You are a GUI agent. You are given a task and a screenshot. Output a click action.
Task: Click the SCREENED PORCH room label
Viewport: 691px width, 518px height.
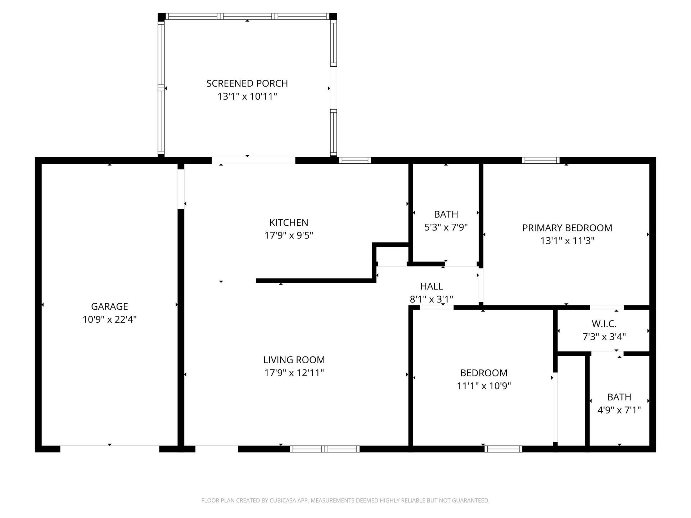pyautogui.click(x=247, y=83)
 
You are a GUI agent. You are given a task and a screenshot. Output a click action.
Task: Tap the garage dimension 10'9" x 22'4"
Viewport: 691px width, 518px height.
pyautogui.click(x=109, y=319)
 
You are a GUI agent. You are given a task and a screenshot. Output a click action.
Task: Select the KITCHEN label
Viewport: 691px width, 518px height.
pyautogui.click(x=289, y=222)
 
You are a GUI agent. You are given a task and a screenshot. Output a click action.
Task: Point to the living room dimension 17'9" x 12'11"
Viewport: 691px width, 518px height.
pyautogui.click(x=294, y=373)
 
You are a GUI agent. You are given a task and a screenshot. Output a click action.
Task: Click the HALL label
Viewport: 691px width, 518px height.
pyautogui.click(x=431, y=286)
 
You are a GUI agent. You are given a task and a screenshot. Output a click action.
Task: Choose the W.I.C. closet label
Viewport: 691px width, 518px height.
pyautogui.click(x=604, y=324)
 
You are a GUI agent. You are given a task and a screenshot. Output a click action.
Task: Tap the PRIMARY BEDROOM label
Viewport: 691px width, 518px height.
pyautogui.click(x=567, y=228)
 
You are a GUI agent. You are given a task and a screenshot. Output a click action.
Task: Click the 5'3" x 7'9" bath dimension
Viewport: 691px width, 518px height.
pyautogui.click(x=446, y=227)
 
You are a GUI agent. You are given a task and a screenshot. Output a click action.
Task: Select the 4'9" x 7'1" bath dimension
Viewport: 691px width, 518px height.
pyautogui.click(x=619, y=410)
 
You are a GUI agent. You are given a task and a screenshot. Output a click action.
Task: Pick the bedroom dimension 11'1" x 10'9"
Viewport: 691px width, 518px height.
pyautogui.click(x=484, y=386)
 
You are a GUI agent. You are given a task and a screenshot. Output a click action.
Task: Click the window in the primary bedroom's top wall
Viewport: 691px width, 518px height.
pyautogui.click(x=541, y=160)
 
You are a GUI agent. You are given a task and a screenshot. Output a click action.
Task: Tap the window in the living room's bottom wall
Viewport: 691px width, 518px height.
pyautogui.click(x=325, y=449)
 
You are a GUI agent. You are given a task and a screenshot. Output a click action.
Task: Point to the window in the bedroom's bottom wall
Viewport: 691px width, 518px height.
pyautogui.click(x=503, y=449)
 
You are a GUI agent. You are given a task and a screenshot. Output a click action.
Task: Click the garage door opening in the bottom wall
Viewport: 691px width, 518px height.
pyautogui.click(x=109, y=449)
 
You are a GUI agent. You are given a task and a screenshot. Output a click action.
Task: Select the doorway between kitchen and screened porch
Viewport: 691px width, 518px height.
pyautogui.click(x=253, y=160)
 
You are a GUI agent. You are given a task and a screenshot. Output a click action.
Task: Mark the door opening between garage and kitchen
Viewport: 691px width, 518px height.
pyautogui.click(x=181, y=189)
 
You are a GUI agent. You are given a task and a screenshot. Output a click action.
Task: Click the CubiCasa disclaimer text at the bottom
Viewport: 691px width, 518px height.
pyautogui.click(x=345, y=500)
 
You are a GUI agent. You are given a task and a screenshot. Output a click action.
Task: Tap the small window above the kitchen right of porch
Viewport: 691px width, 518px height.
pyautogui.click(x=354, y=160)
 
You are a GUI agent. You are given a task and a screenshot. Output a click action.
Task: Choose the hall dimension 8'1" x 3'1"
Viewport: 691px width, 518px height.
pyautogui.click(x=431, y=299)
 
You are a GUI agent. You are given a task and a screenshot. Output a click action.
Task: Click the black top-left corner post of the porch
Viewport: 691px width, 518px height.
pyautogui.click(x=162, y=17)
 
